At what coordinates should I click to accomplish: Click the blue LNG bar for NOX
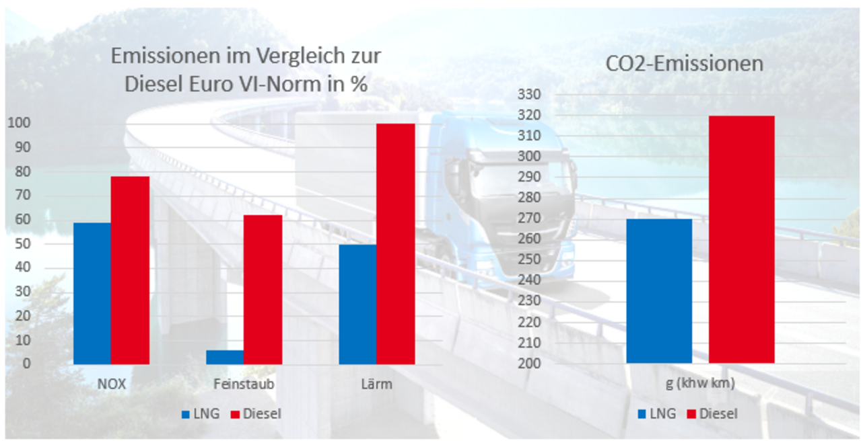tap(92, 293)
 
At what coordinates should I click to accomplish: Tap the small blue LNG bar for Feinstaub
tap(224, 357)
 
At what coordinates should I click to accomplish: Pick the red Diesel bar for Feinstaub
tap(263, 289)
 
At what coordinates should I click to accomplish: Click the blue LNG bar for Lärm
tap(357, 304)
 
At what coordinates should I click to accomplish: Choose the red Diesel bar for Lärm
tap(396, 243)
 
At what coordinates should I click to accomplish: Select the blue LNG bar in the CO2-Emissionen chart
tap(659, 291)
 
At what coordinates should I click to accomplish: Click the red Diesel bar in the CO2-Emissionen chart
tap(741, 239)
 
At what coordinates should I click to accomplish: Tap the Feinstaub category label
tap(243, 385)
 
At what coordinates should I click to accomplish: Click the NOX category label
tap(110, 385)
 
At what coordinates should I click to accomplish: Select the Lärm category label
tap(376, 385)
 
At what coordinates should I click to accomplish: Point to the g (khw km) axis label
tap(700, 385)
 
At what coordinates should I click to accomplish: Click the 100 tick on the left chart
tap(18, 124)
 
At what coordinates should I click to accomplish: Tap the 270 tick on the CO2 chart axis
tap(528, 218)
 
